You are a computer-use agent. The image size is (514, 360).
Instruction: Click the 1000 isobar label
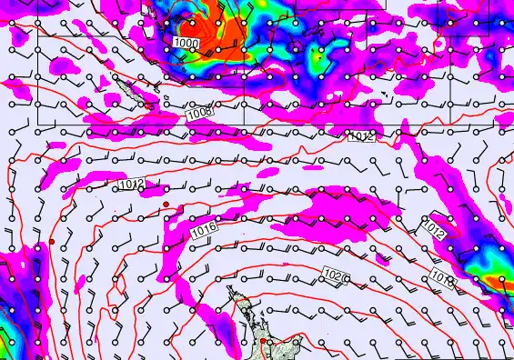(187, 43)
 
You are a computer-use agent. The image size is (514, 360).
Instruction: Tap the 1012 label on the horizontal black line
(360, 136)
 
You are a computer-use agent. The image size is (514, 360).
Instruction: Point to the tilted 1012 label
(434, 227)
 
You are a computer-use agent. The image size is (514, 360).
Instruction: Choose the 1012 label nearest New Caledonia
(130, 185)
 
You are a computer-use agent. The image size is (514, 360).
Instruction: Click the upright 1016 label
(204, 233)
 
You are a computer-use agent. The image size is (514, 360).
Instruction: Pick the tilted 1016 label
(443, 274)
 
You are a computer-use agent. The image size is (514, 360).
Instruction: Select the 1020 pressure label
(335, 274)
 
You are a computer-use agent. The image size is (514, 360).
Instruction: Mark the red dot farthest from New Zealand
(53, 241)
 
